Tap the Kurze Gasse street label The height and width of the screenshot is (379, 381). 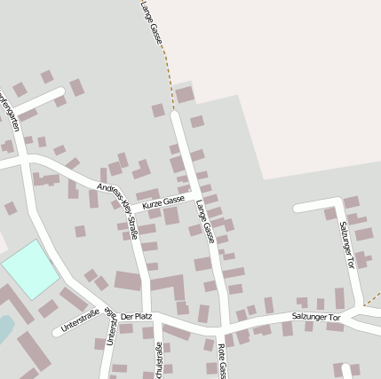point(163,201)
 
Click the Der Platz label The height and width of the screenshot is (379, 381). point(137,317)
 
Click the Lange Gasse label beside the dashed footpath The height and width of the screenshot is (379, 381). point(153,23)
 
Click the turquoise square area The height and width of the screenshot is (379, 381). point(30,268)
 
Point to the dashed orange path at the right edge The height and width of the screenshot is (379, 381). point(372,297)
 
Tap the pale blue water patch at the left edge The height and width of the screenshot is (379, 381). point(4,328)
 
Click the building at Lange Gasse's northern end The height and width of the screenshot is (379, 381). point(185,95)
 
